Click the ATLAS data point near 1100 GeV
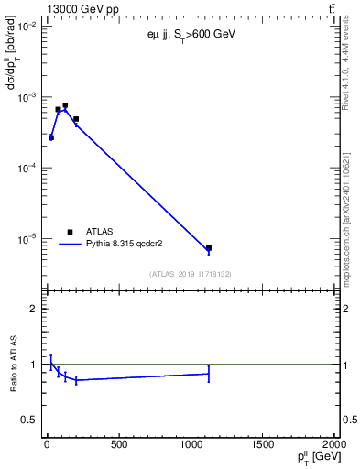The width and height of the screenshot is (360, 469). tap(209, 248)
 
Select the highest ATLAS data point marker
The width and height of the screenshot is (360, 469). tap(65, 105)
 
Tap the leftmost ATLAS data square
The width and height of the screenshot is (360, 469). tap(51, 137)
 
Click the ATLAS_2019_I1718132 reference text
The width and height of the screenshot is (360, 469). tap(190, 274)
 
